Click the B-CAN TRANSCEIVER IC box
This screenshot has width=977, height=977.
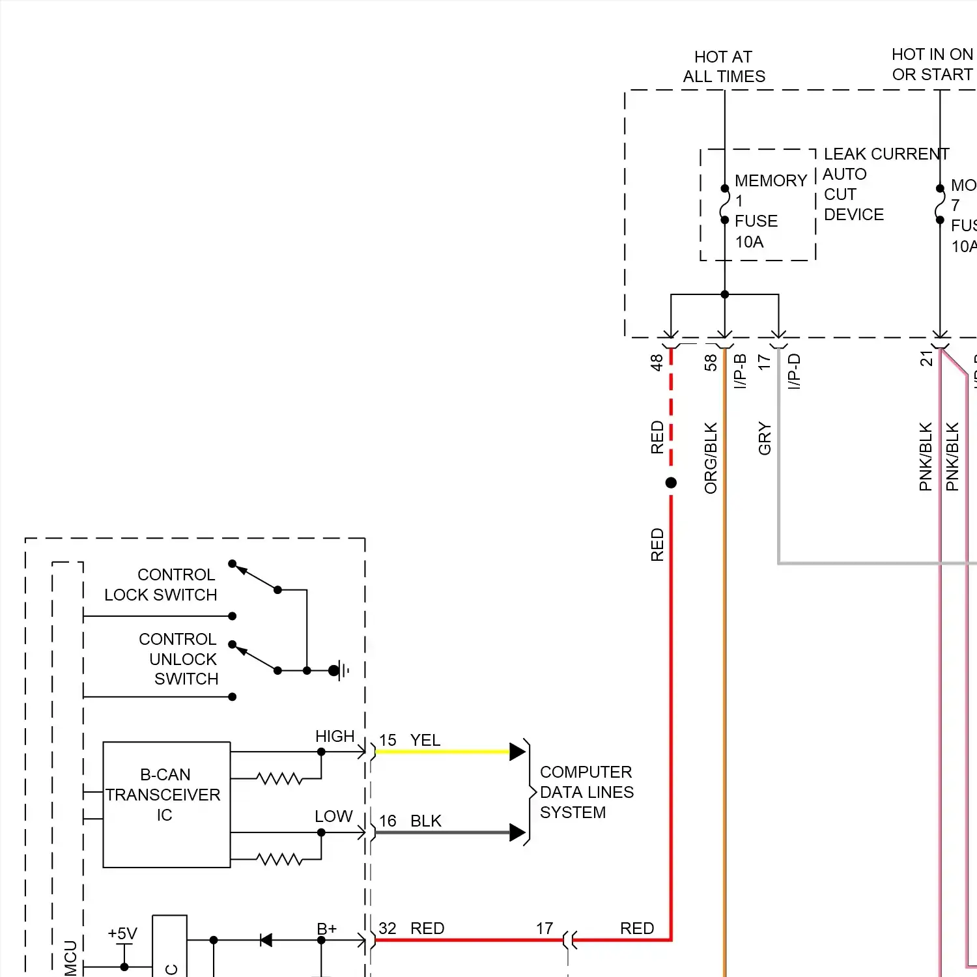(166, 804)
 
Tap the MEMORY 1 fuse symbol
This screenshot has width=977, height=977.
(724, 205)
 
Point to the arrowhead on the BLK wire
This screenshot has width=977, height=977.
(517, 832)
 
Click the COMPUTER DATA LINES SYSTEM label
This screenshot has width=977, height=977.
(586, 792)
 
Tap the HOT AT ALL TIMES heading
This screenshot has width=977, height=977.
(724, 66)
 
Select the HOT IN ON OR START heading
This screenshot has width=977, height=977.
(932, 64)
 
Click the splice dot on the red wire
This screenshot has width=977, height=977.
(671, 483)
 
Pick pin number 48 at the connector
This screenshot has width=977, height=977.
(657, 362)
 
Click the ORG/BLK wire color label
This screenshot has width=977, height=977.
(711, 458)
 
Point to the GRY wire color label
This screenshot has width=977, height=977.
(765, 438)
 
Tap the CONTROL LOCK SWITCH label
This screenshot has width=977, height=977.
(161, 585)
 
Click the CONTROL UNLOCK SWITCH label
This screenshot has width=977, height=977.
(178, 659)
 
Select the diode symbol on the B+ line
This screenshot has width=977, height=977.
(266, 940)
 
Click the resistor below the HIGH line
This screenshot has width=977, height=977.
(279, 778)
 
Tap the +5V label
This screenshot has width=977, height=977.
(122, 934)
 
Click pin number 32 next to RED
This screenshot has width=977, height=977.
(388, 928)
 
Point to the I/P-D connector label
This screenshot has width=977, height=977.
(794, 371)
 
